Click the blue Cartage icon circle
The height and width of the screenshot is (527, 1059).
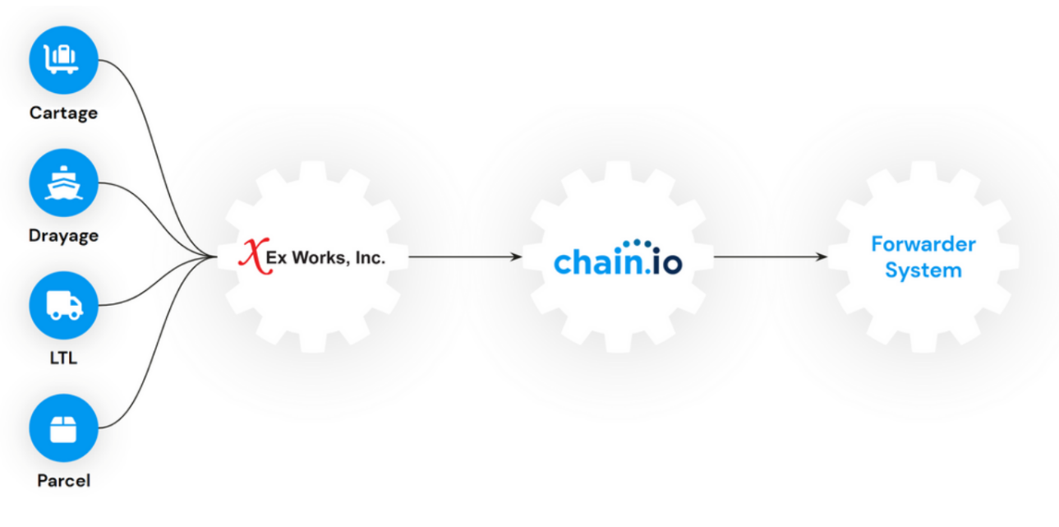tap(63, 60)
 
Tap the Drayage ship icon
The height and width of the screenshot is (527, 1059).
tap(63, 183)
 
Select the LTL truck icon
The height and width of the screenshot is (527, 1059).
tap(63, 306)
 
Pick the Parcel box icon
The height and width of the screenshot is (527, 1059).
tap(63, 428)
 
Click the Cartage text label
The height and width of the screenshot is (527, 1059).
tap(63, 113)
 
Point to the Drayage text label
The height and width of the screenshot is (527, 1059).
tap(63, 236)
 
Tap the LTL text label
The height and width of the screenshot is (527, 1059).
tap(63, 358)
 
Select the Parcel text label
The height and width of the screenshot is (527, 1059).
tap(63, 481)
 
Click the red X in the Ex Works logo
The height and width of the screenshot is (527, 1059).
tap(251, 256)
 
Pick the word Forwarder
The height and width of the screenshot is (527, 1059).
tap(923, 244)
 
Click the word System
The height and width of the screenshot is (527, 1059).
tap(923, 270)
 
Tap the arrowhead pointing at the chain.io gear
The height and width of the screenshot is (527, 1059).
tap(516, 257)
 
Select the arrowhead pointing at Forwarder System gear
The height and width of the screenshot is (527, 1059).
tap(822, 257)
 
